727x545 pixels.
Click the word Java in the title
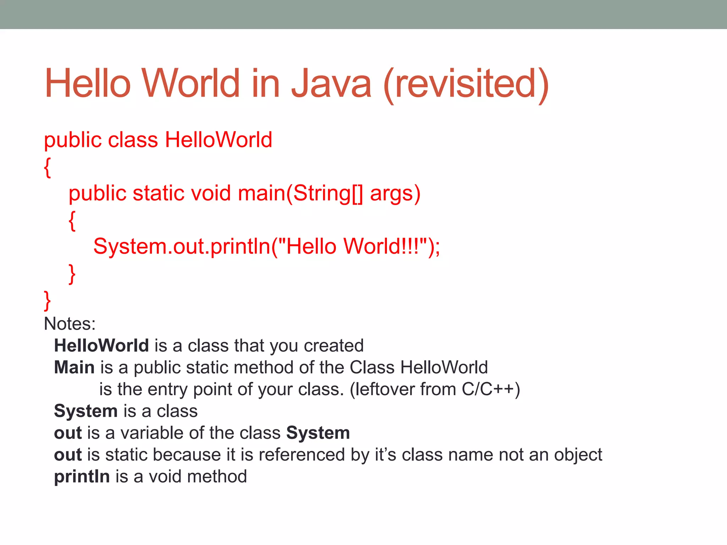331,84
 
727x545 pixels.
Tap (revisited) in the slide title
466,84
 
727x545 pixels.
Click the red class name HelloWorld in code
218,139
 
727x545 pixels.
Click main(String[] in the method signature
300,193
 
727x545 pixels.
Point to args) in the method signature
395,194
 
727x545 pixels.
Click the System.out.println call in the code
266,246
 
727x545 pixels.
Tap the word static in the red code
159,193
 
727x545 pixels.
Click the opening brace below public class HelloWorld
47,167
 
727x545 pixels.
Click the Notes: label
70,324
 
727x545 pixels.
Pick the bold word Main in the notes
74,367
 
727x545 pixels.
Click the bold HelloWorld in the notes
101,346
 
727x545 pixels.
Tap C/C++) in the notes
491,389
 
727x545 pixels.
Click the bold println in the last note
82,477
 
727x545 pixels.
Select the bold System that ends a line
318,433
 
